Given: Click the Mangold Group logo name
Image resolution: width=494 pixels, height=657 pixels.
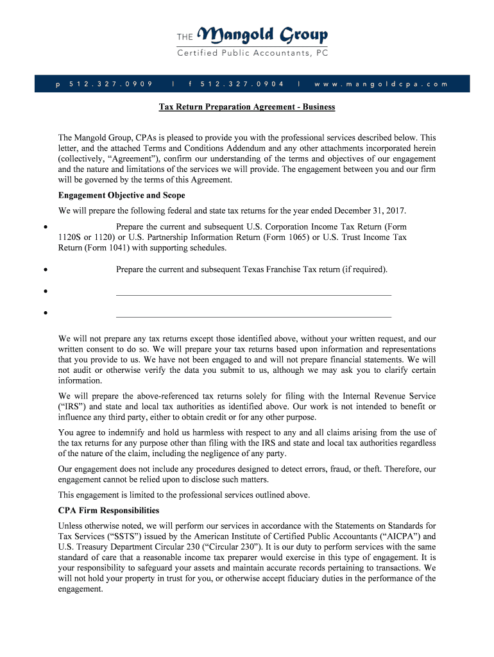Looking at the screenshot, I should click(x=263, y=34).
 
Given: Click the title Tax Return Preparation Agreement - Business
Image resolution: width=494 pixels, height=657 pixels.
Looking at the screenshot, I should click(x=247, y=107).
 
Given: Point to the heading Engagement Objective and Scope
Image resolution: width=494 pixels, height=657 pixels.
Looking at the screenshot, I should click(x=121, y=195).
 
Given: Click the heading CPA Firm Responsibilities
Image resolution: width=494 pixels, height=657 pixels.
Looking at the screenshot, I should click(x=108, y=511).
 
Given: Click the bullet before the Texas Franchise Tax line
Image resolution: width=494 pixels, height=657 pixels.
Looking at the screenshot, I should click(x=44, y=270).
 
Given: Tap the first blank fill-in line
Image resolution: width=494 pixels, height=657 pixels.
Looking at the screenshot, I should click(x=253, y=294).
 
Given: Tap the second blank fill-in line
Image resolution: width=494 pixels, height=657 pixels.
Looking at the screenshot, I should click(x=253, y=316).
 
